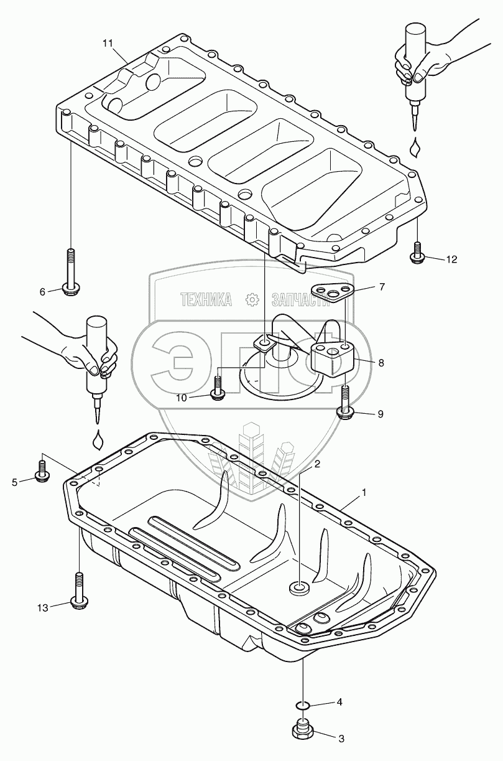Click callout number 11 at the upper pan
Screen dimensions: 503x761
108,43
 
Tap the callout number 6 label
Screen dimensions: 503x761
43,291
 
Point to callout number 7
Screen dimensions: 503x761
382,287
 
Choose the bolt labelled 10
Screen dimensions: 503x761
217,388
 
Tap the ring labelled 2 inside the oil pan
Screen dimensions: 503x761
300,586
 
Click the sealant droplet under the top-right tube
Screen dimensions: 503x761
415,148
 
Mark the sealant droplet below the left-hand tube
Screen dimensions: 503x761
98,440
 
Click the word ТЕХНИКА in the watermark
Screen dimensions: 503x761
206,300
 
